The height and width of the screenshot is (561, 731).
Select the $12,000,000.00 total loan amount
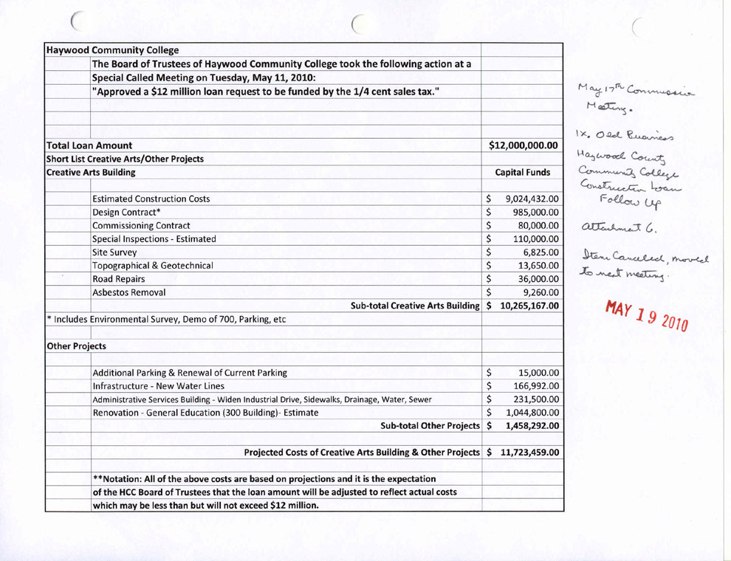[x=523, y=145]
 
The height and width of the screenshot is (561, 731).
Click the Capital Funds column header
[x=523, y=173]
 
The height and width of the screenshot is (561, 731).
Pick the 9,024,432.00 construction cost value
[x=530, y=199]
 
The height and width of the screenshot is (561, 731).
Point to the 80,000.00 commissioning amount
[x=535, y=226]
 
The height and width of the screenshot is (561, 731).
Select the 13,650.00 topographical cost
[x=535, y=265]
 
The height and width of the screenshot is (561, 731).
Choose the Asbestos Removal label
[x=126, y=291]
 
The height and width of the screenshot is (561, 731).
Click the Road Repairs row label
[x=120, y=278]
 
